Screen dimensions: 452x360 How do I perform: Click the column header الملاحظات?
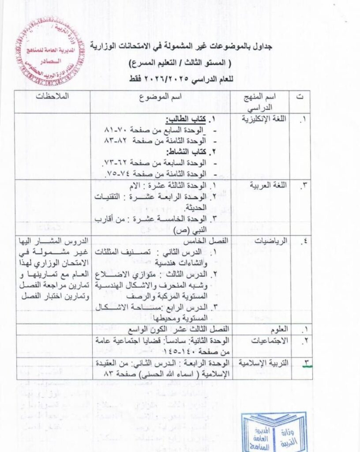click(x=52, y=96)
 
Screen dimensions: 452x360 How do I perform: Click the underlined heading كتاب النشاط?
click(x=187, y=152)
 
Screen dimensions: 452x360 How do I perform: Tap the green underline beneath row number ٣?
click(x=307, y=366)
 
